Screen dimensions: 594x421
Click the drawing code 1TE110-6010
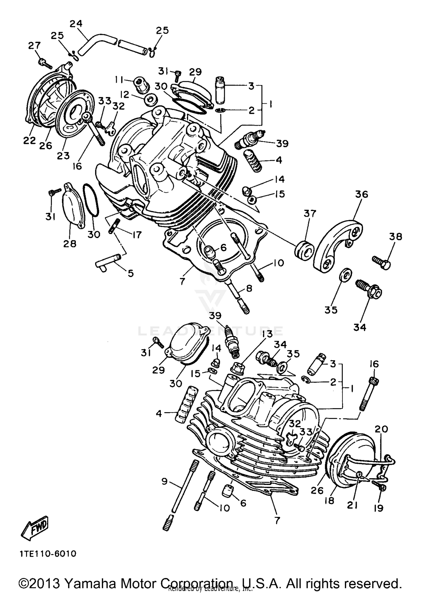coord(48,554)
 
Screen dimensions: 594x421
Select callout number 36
coord(361,194)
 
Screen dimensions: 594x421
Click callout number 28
coord(69,244)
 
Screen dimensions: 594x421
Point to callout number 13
coord(267,334)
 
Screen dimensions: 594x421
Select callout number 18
coord(329,500)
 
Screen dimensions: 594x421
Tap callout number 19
coord(378,508)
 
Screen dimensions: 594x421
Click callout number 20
coord(381,429)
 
